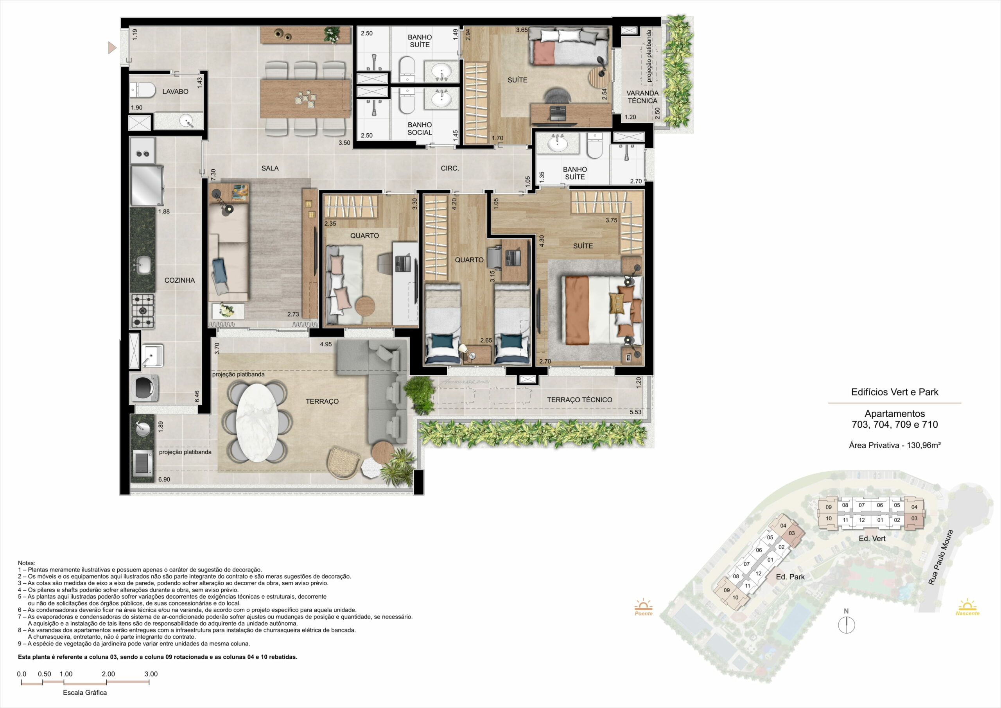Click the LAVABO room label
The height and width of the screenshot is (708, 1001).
coord(175,91)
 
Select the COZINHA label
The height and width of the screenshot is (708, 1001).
coord(179,280)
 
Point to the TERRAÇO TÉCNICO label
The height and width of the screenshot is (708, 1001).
coord(579,400)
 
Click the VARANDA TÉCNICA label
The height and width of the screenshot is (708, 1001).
coord(642,97)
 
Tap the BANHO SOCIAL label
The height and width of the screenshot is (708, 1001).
coord(420,129)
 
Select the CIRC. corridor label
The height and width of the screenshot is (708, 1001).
coord(450,168)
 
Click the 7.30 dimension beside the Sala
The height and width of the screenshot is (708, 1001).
coord(213,175)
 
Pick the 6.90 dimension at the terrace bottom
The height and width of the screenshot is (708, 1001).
coord(164,480)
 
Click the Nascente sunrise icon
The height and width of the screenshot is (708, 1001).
coord(967,607)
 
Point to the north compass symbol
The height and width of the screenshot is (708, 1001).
coord(846,622)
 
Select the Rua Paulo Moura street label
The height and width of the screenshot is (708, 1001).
coord(940,557)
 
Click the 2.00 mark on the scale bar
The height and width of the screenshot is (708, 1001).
coord(108,674)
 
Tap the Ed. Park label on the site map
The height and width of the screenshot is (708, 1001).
coord(790,577)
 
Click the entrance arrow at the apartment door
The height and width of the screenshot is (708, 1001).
coord(113,48)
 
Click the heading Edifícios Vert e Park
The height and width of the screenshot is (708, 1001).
coord(895,392)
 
